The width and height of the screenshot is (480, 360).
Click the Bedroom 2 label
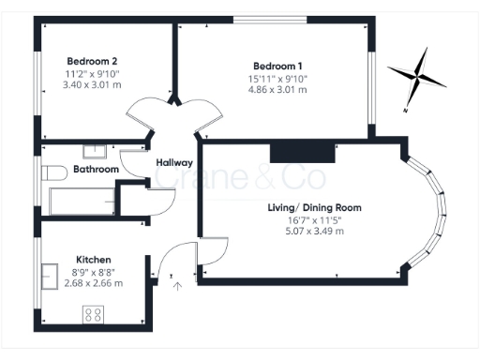[x=91, y=61]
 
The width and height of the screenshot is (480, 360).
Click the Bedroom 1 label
[x=279, y=66]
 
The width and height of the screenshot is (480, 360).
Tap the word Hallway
[x=174, y=162]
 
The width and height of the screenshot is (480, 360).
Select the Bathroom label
[x=96, y=170]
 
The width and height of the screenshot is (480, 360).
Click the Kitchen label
[x=94, y=260]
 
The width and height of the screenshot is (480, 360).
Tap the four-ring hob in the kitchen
[x=94, y=314]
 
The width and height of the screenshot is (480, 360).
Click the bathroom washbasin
[x=96, y=150]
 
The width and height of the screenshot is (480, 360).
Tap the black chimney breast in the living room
[x=301, y=150]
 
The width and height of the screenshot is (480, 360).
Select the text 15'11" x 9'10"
[x=279, y=79]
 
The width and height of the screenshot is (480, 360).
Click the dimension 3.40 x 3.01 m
[x=91, y=85]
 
